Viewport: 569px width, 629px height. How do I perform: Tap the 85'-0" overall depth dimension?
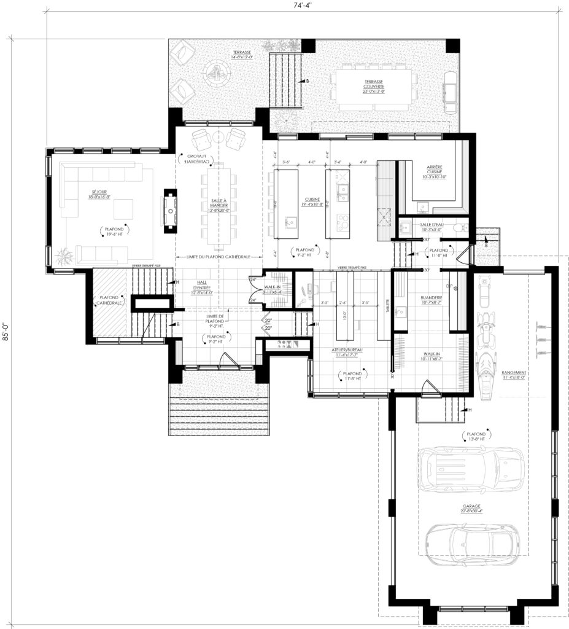pyautogui.click(x=6, y=332)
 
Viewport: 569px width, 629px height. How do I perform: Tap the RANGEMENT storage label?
pyautogui.click(x=517, y=375)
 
